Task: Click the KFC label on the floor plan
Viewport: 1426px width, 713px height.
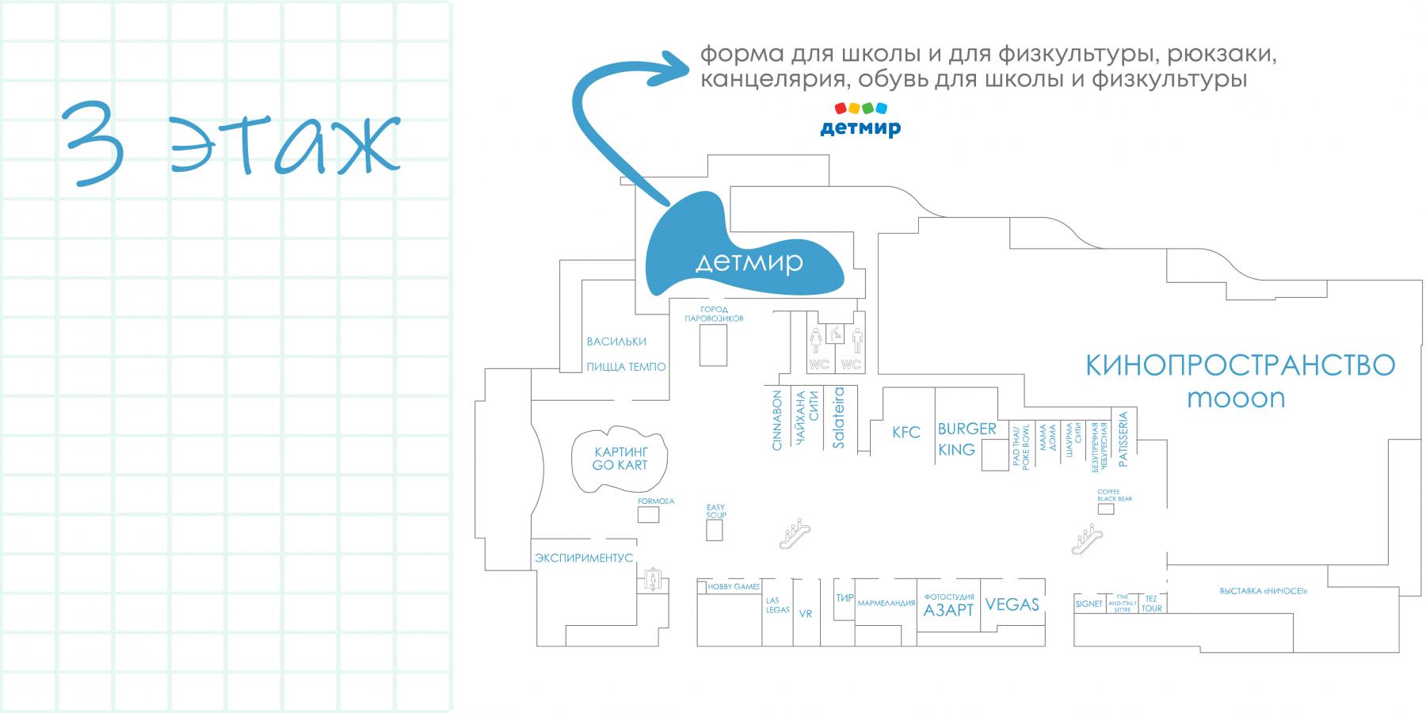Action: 906,433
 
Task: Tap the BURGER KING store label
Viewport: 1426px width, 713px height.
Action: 967,439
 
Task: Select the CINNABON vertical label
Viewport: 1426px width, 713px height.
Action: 776,420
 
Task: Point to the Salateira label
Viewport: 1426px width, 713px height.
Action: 839,418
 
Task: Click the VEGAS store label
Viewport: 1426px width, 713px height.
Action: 1012,605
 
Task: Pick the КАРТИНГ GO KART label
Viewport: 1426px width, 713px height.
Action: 620,458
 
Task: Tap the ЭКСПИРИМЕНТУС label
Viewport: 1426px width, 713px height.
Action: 584,558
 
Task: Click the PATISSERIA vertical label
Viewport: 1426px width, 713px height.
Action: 1123,438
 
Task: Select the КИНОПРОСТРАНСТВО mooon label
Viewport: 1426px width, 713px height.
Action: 1240,381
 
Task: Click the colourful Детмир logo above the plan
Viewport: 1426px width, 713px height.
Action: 860,119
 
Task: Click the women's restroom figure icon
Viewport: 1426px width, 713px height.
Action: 815,342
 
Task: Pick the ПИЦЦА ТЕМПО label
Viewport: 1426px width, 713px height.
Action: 626,368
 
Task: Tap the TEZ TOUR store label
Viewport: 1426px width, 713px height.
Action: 1151,604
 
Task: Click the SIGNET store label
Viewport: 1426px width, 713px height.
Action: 1089,604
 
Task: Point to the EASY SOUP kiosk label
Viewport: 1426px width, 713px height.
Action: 715,511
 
